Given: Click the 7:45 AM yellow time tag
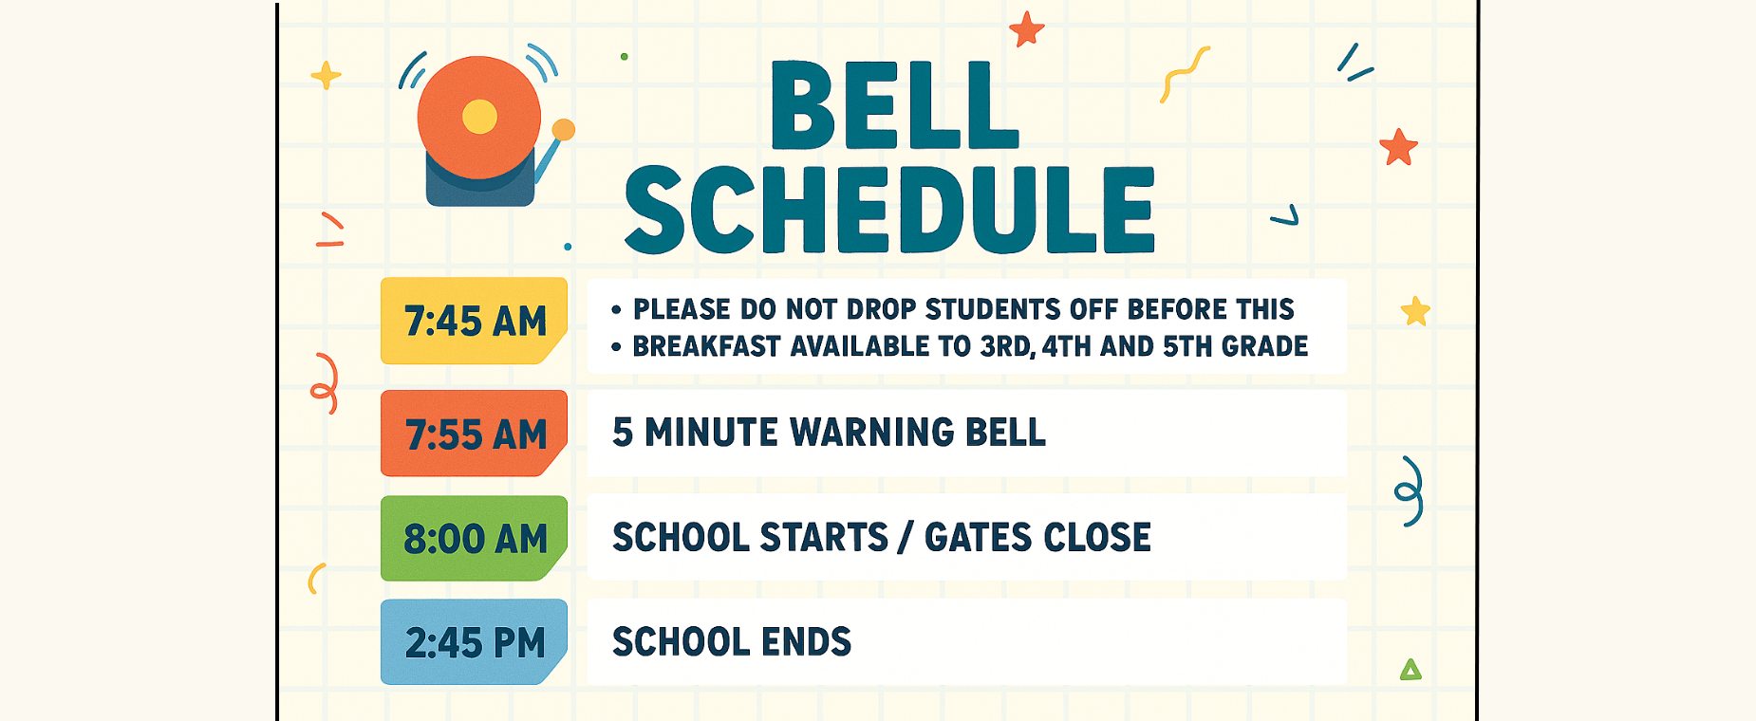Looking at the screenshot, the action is click(474, 321).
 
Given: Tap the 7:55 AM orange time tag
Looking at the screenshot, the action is click(474, 434).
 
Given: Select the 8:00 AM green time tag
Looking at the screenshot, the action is click(474, 538).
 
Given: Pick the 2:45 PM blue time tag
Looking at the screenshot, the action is click(474, 642).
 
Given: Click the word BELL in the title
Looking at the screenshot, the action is click(894, 105).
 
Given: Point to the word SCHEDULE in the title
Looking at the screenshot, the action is click(889, 210).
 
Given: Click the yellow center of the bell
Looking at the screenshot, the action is click(479, 117).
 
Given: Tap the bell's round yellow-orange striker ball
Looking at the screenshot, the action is click(563, 130).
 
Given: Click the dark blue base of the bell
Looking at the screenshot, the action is click(479, 185).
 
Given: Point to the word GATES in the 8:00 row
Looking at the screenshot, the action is click(978, 538).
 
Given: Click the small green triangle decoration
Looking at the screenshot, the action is click(1410, 670).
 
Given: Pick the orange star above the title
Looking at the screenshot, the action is click(1026, 29).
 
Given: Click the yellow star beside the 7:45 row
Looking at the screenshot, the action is click(1415, 311).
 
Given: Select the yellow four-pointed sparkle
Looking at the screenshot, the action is click(326, 75).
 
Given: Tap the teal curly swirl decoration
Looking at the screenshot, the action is click(1410, 491).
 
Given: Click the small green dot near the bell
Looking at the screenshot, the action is click(624, 57).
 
